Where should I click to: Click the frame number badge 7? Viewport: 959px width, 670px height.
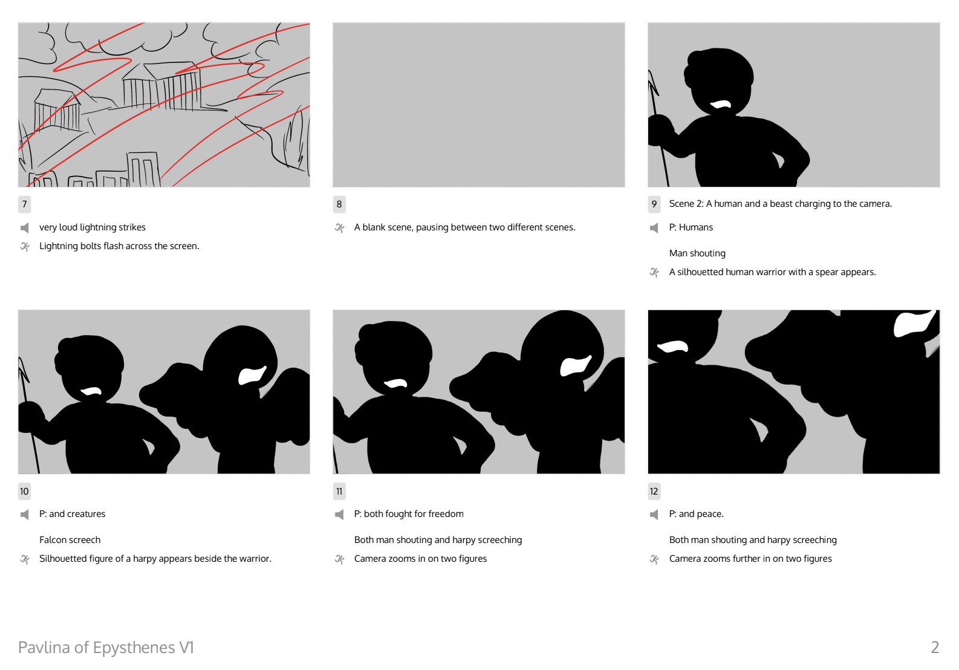(24, 204)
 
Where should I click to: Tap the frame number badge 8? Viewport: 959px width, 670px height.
(339, 204)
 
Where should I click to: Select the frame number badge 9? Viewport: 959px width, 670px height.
(654, 204)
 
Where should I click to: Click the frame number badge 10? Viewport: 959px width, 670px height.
(24, 491)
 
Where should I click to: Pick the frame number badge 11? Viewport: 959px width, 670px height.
(339, 491)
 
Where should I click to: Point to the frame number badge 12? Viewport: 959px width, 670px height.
(654, 491)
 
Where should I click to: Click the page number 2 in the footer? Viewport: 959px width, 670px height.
(935, 647)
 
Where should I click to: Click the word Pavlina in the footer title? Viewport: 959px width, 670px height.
(45, 647)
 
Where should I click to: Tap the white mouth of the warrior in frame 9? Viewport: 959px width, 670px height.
(721, 104)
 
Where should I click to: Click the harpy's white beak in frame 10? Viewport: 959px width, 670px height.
(252, 375)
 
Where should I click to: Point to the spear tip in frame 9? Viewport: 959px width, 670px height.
(652, 82)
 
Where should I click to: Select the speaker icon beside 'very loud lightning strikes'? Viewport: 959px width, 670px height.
(25, 228)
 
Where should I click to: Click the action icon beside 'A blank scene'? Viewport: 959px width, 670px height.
(339, 228)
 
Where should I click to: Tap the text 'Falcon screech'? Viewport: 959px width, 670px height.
(70, 540)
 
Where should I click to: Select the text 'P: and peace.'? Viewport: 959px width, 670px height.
(696, 514)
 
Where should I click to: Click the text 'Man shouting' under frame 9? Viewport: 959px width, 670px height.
(697, 253)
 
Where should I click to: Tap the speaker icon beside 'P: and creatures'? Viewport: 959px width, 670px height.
(25, 514)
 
